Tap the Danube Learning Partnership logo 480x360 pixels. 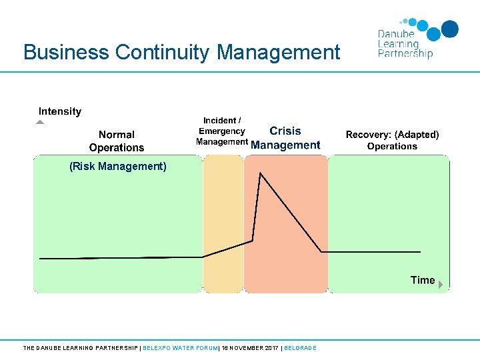417,39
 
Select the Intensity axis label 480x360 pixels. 60,111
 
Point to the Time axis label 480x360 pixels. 423,280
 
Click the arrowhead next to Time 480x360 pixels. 440,284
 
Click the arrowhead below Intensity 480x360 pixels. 40,122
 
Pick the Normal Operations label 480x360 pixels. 117,141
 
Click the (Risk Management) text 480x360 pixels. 118,167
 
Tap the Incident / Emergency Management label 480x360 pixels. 222,131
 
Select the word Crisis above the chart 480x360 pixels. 285,131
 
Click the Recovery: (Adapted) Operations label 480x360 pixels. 392,140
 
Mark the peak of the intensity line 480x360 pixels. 260,173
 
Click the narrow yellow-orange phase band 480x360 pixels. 223,223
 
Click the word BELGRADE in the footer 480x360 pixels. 300,348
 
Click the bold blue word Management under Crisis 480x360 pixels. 285,145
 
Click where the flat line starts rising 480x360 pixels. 203,257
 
